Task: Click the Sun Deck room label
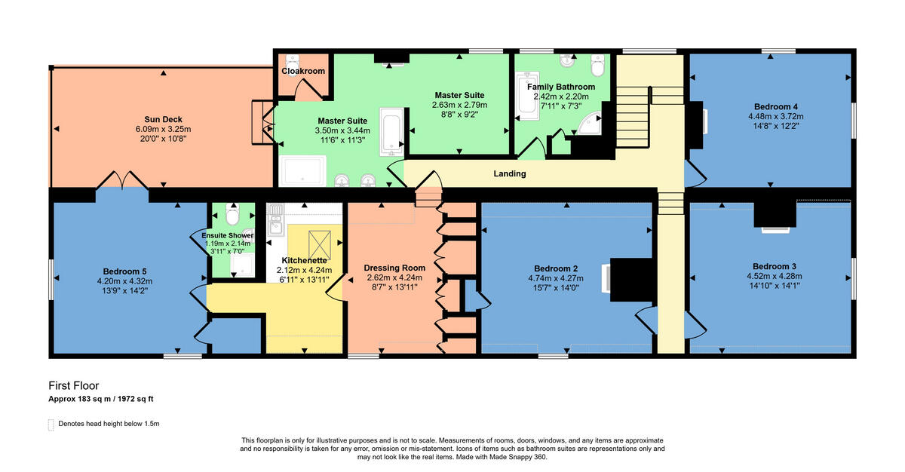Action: coord(164,119)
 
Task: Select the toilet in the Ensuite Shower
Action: coord(232,216)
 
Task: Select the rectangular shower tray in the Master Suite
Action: coord(302,171)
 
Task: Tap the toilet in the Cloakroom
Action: coord(292,60)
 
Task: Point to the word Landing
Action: coord(510,174)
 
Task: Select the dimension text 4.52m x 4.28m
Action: coord(774,276)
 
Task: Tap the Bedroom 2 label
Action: coord(556,268)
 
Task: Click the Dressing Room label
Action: coord(394,268)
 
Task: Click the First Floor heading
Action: coord(74,385)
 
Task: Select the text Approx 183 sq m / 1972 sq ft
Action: coord(101,398)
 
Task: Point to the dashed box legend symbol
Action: coord(51,424)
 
